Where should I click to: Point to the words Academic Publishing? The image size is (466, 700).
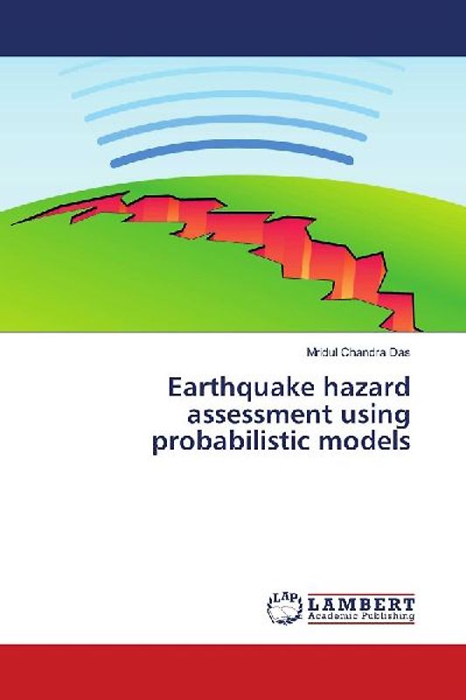(x=360, y=617)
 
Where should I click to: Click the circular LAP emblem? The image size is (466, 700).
(x=285, y=610)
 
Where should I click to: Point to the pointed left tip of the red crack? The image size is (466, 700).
(x=14, y=223)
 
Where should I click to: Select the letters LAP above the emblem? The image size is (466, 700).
(x=285, y=597)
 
